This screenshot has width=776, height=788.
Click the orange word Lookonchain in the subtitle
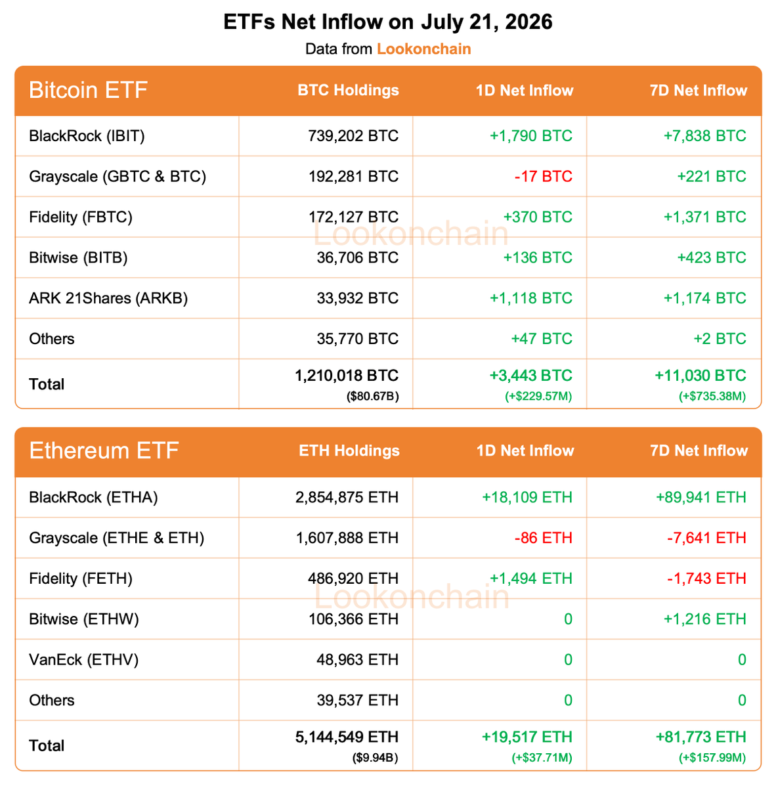423,49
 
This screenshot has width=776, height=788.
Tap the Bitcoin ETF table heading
88,90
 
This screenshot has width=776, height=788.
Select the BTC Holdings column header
348,90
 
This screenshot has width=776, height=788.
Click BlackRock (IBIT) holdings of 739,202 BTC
353,136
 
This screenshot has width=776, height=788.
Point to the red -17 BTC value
544,176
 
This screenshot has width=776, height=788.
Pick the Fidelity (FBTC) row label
81,217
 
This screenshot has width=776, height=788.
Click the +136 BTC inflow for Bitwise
538,257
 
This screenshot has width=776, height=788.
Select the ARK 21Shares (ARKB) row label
108,298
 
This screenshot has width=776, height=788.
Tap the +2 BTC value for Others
720,339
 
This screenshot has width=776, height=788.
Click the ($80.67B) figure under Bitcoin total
372,396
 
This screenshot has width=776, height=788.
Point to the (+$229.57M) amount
538,396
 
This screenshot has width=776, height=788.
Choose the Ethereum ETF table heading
104,450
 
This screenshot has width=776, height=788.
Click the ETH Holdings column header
349,450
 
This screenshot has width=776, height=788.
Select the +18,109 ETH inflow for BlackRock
527,497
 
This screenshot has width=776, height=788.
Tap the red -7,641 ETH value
706,538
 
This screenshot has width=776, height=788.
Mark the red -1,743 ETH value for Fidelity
706,579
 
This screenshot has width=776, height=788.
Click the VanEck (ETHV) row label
84,659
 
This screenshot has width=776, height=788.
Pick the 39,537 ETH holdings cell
358,700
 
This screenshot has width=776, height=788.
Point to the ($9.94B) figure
376,758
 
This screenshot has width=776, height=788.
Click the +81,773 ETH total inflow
701,737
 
